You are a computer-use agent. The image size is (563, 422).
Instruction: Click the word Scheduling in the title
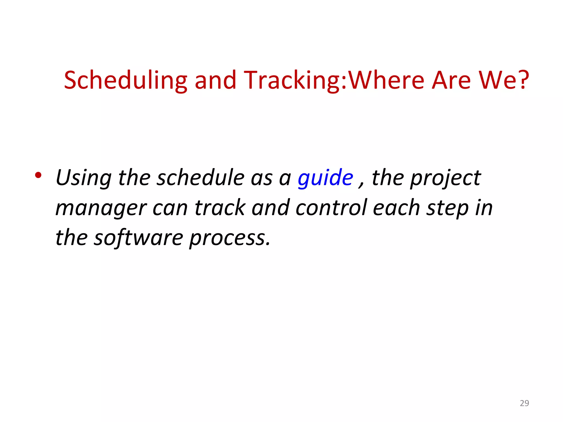pos(125,80)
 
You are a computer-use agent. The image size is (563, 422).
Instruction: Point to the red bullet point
pos(38,175)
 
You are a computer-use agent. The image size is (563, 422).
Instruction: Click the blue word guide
pos(325,178)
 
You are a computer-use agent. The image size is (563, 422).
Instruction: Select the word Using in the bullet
pos(84,178)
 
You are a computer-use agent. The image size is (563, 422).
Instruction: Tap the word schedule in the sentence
pos(200,178)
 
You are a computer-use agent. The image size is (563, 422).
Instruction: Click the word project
pos(445,178)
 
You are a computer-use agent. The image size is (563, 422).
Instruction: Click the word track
pos(220,208)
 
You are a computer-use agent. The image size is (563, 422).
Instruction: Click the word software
pos(138,238)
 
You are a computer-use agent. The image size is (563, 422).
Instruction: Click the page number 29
pos(524,403)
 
